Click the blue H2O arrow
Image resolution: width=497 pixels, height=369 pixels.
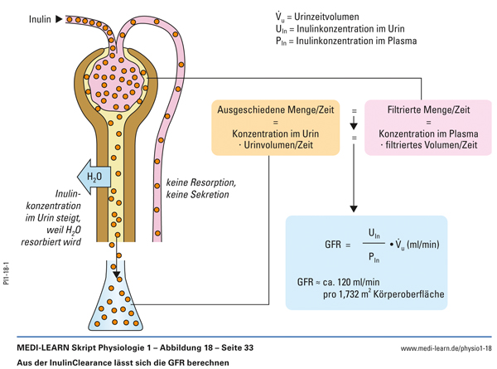(x=89, y=176)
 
